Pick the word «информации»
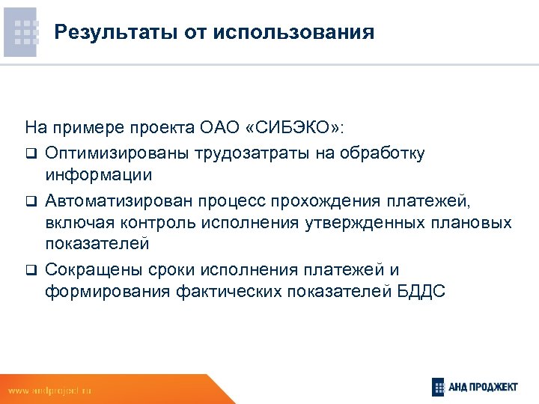coord(98,176)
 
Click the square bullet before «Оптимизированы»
coord(30,154)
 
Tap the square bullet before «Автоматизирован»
coord(30,201)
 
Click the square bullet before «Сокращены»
coord(30,269)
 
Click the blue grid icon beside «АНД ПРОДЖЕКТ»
coord(438,387)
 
